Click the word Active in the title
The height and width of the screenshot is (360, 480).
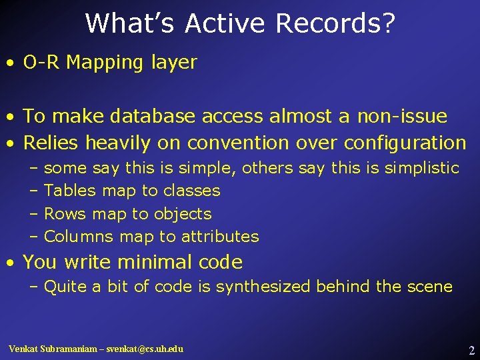click(x=225, y=23)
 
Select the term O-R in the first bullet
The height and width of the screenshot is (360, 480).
click(x=42, y=63)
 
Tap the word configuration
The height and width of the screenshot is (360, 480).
click(x=405, y=143)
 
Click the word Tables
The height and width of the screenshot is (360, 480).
click(x=70, y=191)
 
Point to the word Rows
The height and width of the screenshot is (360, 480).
click(x=65, y=214)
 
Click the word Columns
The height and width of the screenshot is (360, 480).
click(x=79, y=237)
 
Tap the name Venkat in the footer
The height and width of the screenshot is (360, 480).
click(x=24, y=349)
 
